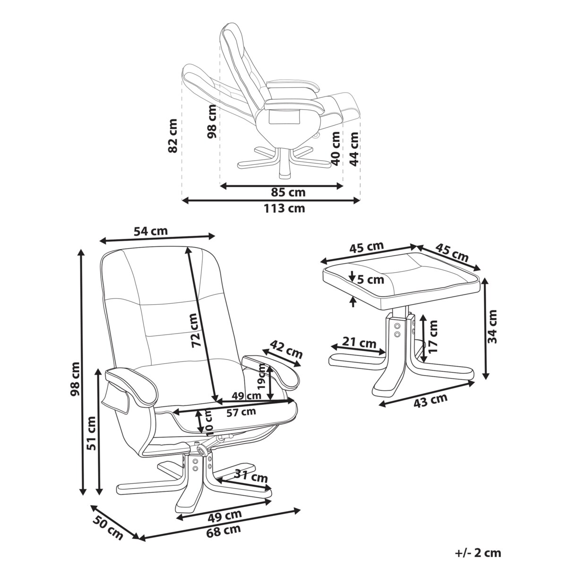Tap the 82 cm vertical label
click(x=173, y=136)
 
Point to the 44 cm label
click(x=353, y=148)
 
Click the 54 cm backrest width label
click(x=151, y=232)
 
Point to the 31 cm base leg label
click(x=252, y=478)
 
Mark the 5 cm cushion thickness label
click(x=370, y=280)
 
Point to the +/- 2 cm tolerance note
click(x=478, y=553)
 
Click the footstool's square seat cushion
click(x=402, y=274)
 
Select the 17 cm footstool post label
click(x=433, y=336)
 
